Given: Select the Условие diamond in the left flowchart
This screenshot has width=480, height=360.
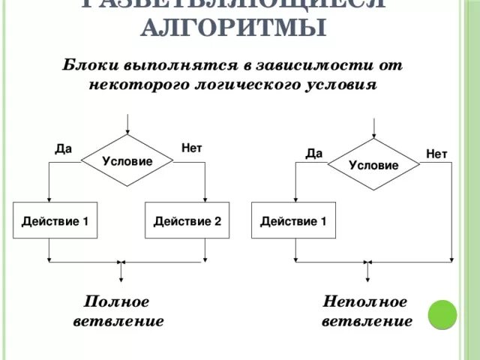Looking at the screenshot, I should [x=127, y=161].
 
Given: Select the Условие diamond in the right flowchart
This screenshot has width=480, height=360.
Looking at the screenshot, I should [x=373, y=165].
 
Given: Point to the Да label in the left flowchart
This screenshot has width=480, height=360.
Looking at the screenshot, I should [x=64, y=148].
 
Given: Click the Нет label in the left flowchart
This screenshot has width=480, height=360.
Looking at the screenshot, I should [x=191, y=148].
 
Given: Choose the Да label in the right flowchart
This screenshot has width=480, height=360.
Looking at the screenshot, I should [x=313, y=154].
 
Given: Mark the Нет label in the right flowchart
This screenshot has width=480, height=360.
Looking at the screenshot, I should [x=436, y=154].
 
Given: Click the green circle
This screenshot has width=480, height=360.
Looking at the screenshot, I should [x=442, y=314].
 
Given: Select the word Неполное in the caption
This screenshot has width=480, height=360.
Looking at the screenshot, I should [x=365, y=301].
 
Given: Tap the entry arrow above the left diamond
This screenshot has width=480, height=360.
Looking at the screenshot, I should [x=127, y=123].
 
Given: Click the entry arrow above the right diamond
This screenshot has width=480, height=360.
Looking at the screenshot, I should [x=373, y=127].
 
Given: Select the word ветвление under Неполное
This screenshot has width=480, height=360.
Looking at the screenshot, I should [x=367, y=322].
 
